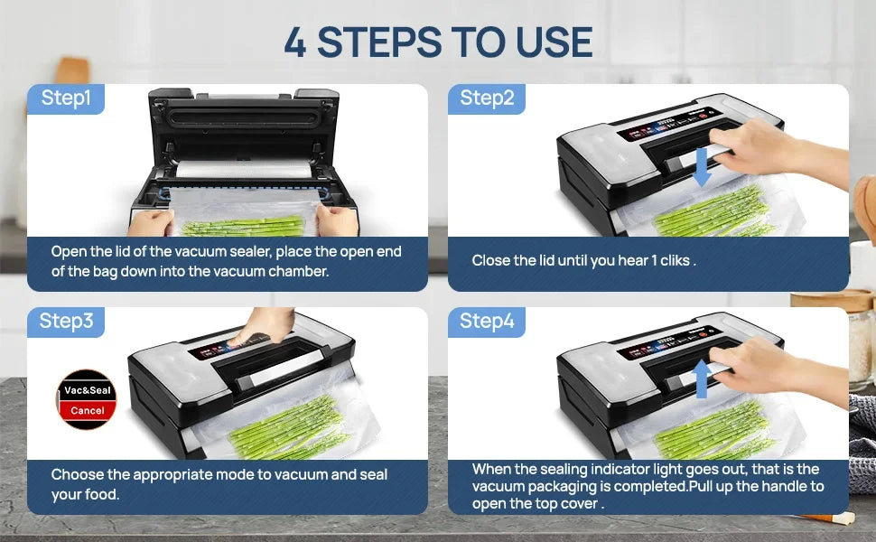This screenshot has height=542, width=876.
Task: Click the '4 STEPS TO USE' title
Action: coord(438,42)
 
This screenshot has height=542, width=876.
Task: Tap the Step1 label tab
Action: coord(66,98)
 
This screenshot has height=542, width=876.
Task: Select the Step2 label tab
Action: coord(487,98)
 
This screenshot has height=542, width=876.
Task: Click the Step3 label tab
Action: coord(66,321)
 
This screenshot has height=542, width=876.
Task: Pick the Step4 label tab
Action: coord(487,321)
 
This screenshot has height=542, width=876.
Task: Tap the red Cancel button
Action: coord(88,410)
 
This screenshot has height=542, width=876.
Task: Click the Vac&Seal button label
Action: coord(88,390)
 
